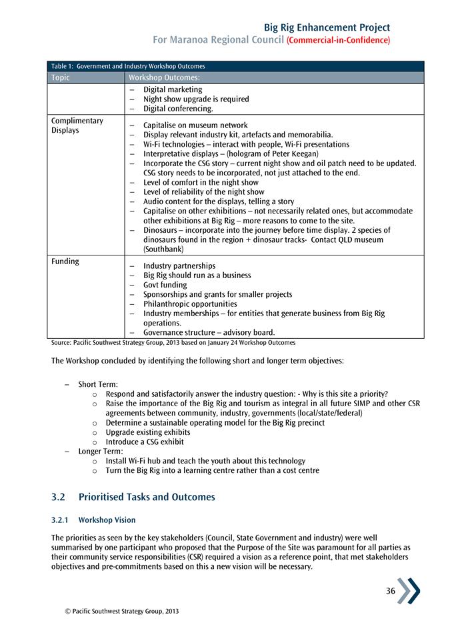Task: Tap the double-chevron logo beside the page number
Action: click(409, 591)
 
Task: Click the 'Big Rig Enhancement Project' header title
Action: click(327, 27)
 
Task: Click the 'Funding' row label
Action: click(65, 261)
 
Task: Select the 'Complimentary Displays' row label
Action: click(77, 125)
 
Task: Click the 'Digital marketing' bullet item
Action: click(173, 89)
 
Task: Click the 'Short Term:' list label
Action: click(98, 384)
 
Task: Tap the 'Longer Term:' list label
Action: click(101, 451)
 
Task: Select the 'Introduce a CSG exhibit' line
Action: click(145, 442)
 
